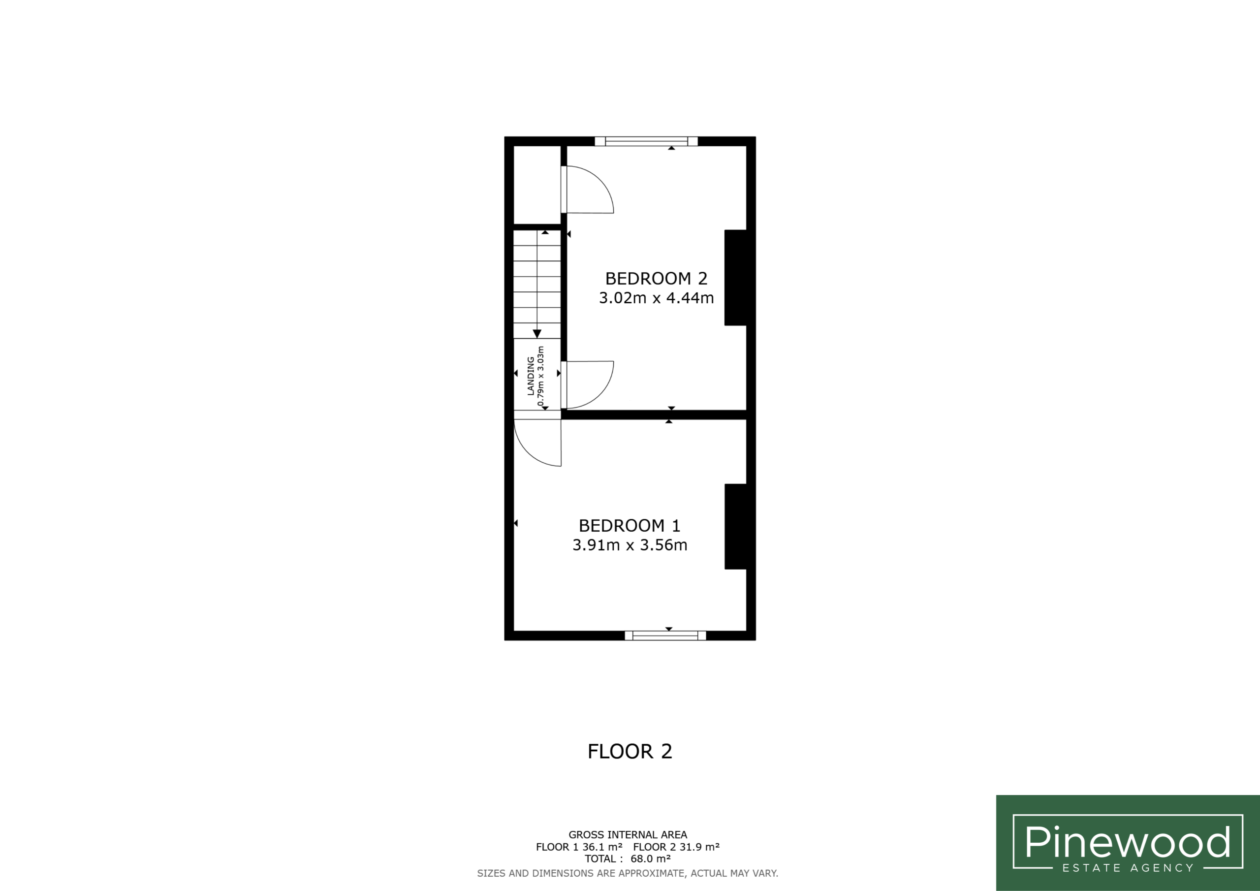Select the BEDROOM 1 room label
click(x=630, y=525)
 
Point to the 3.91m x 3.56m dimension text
click(x=630, y=545)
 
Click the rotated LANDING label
click(x=531, y=376)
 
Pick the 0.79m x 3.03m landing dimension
click(x=541, y=376)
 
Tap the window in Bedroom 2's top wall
click(x=646, y=141)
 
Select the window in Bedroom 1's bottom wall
click(x=665, y=636)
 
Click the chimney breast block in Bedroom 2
click(x=735, y=278)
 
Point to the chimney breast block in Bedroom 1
click(x=735, y=526)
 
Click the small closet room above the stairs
click(x=536, y=185)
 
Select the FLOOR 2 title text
click(x=630, y=752)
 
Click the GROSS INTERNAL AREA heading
click(x=628, y=835)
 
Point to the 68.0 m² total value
click(x=650, y=859)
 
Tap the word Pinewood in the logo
click(x=1128, y=842)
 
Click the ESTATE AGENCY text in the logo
click(x=1128, y=868)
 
